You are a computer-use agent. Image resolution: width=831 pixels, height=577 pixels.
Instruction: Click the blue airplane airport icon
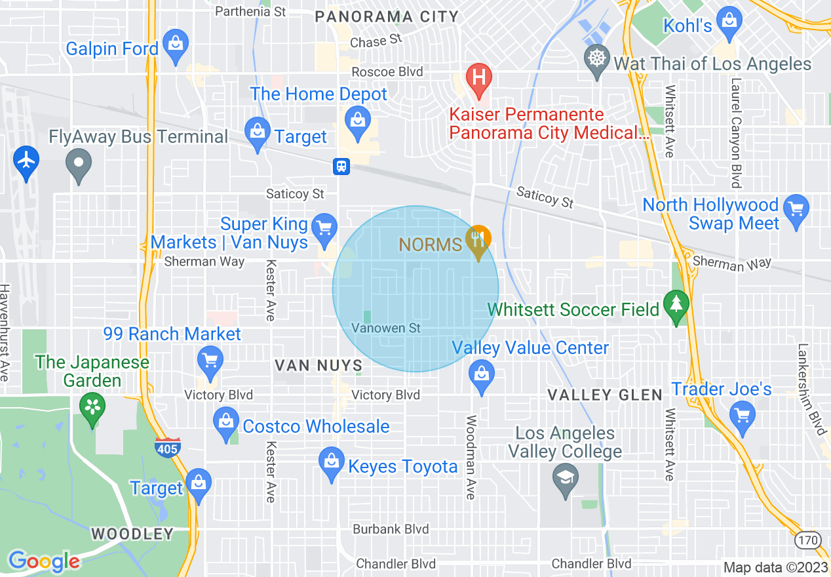(x=26, y=160)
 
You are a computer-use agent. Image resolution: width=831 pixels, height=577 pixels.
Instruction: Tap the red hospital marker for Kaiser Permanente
(x=479, y=77)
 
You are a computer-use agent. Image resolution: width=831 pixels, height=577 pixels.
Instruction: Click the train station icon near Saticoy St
(x=341, y=166)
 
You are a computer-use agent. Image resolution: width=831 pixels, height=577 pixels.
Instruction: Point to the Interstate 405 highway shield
(x=168, y=447)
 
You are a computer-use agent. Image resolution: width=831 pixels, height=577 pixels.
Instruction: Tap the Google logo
(x=43, y=561)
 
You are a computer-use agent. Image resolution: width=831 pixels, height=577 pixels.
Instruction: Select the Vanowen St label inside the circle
(x=386, y=328)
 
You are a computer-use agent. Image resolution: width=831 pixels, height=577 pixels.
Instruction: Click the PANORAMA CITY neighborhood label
(x=387, y=17)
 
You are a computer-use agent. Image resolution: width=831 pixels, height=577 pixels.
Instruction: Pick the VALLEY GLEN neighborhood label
(x=605, y=395)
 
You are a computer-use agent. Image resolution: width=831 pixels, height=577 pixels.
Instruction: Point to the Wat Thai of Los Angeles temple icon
(x=596, y=58)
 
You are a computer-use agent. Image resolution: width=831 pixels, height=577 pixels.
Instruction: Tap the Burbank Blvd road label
(x=391, y=529)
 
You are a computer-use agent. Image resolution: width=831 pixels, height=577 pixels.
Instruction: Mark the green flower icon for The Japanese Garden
(x=92, y=407)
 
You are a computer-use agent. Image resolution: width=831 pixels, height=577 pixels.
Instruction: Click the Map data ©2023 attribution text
(x=775, y=567)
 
